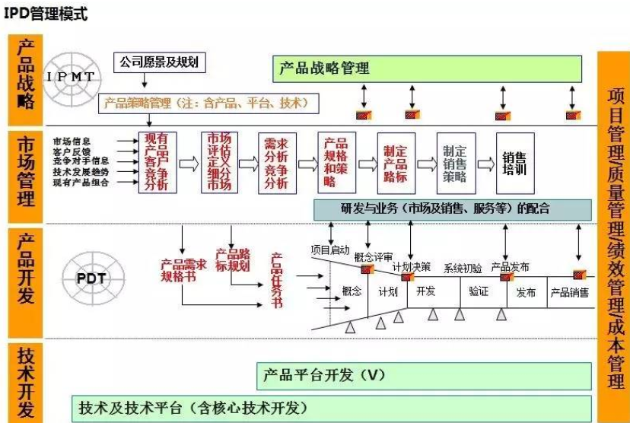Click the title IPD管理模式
[46, 13]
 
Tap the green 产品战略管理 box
[427, 69]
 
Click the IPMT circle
[72, 77]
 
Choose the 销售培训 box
[514, 164]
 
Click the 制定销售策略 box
[455, 164]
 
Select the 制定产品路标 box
[396, 164]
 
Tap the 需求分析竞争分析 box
[276, 164]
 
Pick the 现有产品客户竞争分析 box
[156, 164]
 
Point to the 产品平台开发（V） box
[424, 374]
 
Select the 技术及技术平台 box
[331, 406]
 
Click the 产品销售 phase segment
[569, 292]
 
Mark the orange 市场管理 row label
[25, 173]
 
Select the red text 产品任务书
[276, 280]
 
